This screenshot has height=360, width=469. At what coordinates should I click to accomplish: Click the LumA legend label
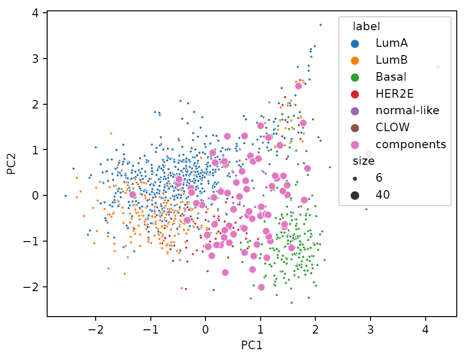click(x=391, y=43)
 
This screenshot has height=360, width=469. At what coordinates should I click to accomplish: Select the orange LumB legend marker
click(x=355, y=60)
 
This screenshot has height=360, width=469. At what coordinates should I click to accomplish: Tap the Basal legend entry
click(x=391, y=77)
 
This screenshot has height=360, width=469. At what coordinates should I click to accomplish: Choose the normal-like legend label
click(x=407, y=111)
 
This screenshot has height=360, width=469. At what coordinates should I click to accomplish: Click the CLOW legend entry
click(x=393, y=127)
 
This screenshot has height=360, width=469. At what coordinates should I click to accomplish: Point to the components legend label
click(x=411, y=144)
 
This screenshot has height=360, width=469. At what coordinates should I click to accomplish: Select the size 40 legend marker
click(x=355, y=195)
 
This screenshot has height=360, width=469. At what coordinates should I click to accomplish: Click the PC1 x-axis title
click(x=252, y=345)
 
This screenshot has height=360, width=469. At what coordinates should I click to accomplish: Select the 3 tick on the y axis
click(x=38, y=59)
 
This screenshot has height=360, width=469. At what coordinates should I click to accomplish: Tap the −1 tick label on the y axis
click(x=36, y=241)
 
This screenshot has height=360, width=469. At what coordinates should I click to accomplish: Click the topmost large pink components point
click(x=298, y=86)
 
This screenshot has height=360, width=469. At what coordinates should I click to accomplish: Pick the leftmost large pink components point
click(x=132, y=194)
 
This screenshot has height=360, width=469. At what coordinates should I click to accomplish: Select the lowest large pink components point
click(x=261, y=287)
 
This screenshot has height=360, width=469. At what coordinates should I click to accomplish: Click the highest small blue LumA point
click(x=321, y=25)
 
